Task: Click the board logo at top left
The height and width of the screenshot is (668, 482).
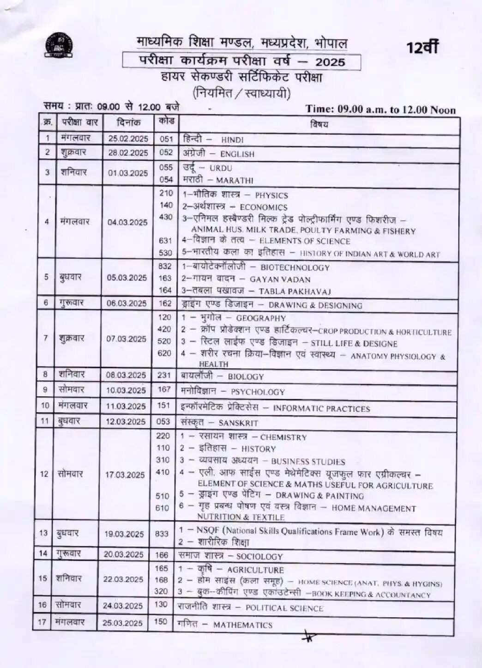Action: click(60, 45)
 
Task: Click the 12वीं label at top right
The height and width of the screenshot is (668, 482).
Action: click(422, 47)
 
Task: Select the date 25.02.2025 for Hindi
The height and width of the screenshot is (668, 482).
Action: click(128, 139)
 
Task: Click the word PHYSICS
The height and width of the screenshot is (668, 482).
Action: click(271, 195)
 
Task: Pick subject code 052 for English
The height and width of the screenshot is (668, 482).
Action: click(166, 152)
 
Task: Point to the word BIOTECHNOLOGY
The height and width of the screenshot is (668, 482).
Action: click(295, 267)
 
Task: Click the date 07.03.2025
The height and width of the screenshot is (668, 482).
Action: click(127, 339)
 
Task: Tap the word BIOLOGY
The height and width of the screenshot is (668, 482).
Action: click(246, 377)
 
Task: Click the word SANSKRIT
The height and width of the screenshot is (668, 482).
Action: click(238, 423)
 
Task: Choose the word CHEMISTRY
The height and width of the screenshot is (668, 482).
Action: click(283, 437)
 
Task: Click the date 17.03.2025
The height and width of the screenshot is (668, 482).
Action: click(125, 474)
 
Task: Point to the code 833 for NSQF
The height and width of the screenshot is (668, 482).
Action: click(162, 534)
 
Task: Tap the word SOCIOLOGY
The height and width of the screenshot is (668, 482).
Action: click(259, 557)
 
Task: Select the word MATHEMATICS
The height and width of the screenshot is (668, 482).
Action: click(243, 625)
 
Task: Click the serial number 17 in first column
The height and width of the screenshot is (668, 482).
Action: click(42, 622)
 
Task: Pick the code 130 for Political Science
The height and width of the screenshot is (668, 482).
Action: click(161, 604)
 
